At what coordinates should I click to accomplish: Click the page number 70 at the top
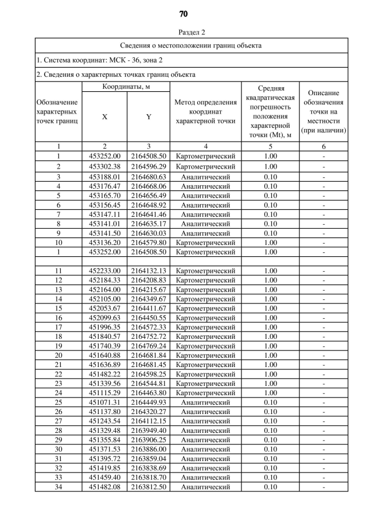click(183, 13)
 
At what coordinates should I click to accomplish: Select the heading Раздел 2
click(183, 32)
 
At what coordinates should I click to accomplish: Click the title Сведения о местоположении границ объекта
click(191, 45)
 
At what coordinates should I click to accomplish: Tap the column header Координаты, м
click(126, 87)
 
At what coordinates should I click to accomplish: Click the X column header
click(104, 116)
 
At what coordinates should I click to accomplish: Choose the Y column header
click(149, 116)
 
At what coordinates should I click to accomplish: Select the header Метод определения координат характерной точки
click(205, 112)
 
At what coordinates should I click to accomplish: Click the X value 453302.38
click(104, 166)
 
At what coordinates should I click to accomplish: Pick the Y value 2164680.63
click(149, 177)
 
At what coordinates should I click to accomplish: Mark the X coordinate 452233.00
click(104, 271)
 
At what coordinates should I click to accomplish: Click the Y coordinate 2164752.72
click(149, 336)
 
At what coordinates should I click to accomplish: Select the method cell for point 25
click(205, 403)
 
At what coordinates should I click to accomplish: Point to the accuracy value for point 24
click(270, 393)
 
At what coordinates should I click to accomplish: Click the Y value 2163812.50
click(149, 487)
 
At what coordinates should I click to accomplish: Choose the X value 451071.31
click(104, 403)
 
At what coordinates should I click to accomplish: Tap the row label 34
click(58, 487)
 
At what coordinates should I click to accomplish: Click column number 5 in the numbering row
click(270, 146)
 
